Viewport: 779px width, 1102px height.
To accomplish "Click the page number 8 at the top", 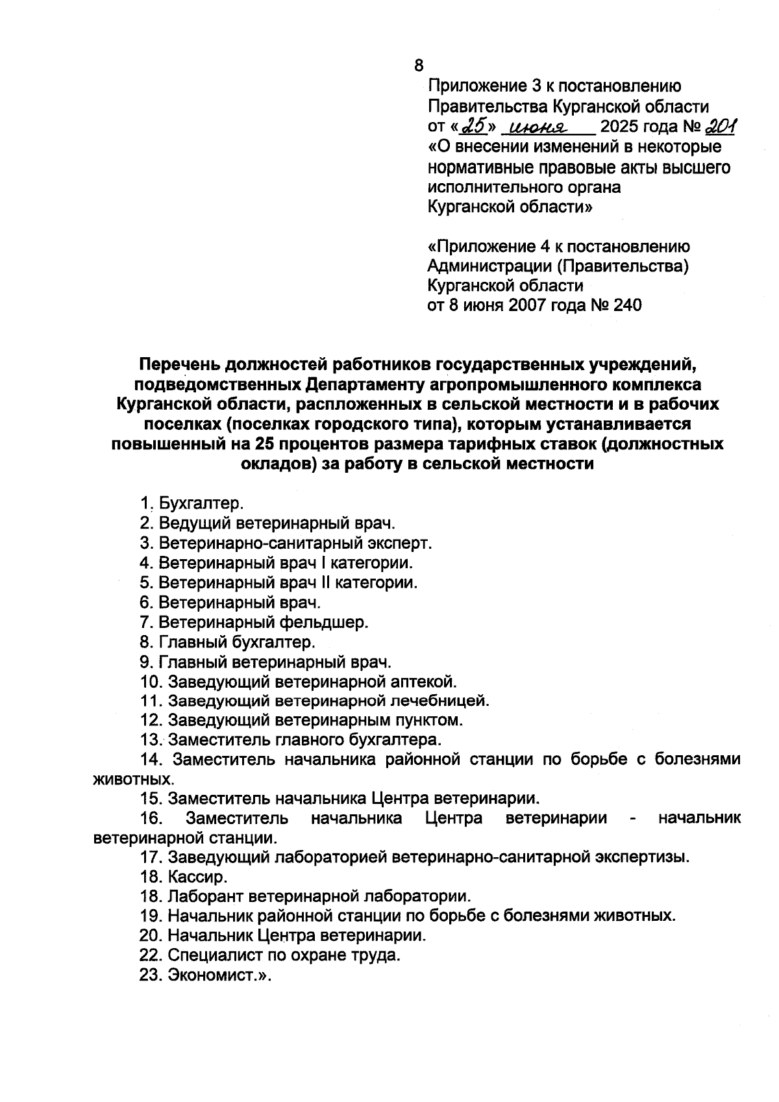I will coord(418,66).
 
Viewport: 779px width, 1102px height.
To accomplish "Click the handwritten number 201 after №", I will coord(704,126).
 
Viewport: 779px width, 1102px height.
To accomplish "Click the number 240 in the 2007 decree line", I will coord(626,305).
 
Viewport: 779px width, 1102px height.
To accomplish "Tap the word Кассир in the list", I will coord(197,877).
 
